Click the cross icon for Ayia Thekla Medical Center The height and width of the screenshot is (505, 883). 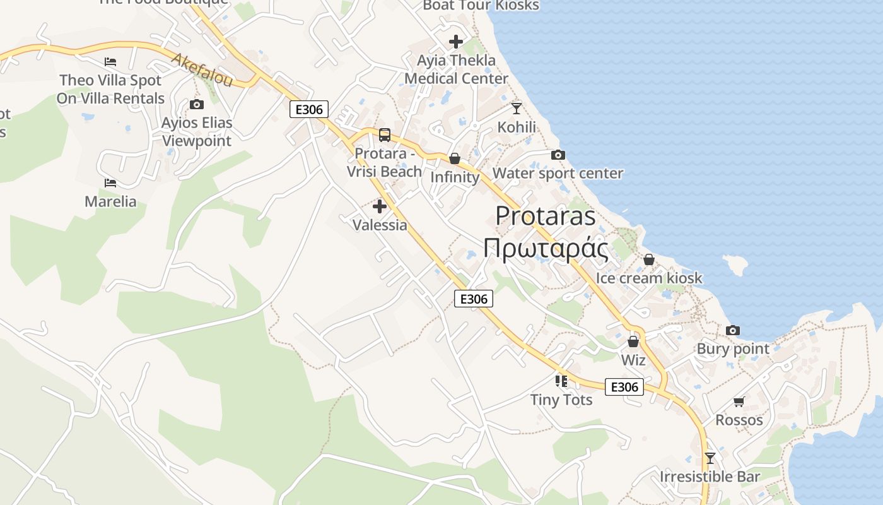pyautogui.click(x=455, y=42)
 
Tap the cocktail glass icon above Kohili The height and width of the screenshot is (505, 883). pyautogui.click(x=517, y=109)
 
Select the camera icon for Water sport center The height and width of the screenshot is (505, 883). pyautogui.click(x=558, y=155)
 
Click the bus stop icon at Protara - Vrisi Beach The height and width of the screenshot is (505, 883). pyautogui.click(x=384, y=135)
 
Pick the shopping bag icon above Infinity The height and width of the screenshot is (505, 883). pyautogui.click(x=454, y=158)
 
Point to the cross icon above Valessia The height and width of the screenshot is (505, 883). pyautogui.click(x=380, y=206)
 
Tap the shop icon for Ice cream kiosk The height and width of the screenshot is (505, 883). pyautogui.click(x=648, y=259)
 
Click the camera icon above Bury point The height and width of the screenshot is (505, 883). pyautogui.click(x=732, y=330)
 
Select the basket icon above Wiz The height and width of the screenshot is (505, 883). pyautogui.click(x=633, y=342)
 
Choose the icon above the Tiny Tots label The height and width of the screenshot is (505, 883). pyautogui.click(x=561, y=381)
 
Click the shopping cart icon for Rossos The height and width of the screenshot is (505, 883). pyautogui.click(x=739, y=401)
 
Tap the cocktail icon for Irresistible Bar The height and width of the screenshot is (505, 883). pyautogui.click(x=710, y=458)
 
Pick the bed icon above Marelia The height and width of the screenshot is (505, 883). pyautogui.click(x=110, y=183)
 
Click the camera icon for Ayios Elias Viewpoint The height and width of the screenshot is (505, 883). pyautogui.click(x=196, y=104)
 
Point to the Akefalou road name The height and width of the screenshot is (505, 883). pyautogui.click(x=202, y=69)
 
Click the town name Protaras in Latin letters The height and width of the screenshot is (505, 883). pyautogui.click(x=545, y=216)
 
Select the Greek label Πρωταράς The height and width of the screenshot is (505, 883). pyautogui.click(x=545, y=249)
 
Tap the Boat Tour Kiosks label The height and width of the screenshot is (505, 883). pyautogui.click(x=481, y=6)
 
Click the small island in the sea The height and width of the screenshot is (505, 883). pyautogui.click(x=735, y=265)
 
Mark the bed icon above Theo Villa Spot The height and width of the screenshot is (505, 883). pyautogui.click(x=110, y=62)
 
